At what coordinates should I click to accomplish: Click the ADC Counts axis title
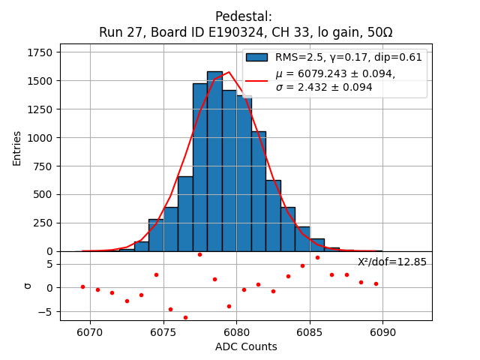[246, 346]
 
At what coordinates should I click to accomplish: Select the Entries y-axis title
[17, 148]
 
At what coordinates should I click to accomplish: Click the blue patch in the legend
[256, 57]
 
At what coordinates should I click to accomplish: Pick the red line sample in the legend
[256, 80]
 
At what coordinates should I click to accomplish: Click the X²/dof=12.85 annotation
[392, 262]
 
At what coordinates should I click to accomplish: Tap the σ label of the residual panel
[28, 285]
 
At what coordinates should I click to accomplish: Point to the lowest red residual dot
[185, 317]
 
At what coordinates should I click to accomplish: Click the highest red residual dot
[199, 254]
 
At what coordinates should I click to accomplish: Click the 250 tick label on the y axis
[42, 223]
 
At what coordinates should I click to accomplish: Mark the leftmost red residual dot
[82, 286]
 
